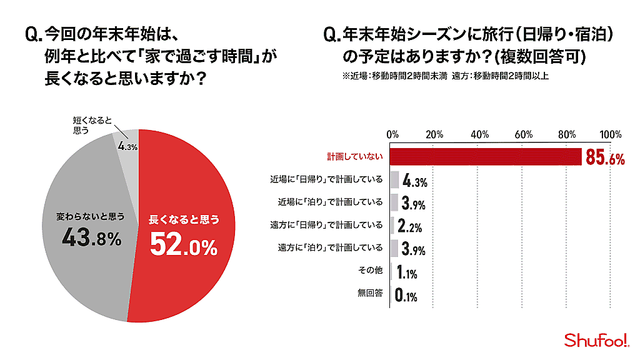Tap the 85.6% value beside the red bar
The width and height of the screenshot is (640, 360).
coord(605,159)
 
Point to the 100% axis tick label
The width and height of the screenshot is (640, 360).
coord(610,134)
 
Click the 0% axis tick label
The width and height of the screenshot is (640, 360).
coord(392,134)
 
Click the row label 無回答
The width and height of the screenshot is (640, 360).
coord(370,293)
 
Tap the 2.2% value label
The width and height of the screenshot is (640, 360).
coord(410,226)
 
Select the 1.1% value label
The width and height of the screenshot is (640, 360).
coord(406,272)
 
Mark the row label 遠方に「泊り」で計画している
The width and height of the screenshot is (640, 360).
coord(330,247)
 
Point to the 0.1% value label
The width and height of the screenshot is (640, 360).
coord(406,295)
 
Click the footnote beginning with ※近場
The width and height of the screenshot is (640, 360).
coord(445,76)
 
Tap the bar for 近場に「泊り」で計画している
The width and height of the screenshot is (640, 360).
coord(394,202)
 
